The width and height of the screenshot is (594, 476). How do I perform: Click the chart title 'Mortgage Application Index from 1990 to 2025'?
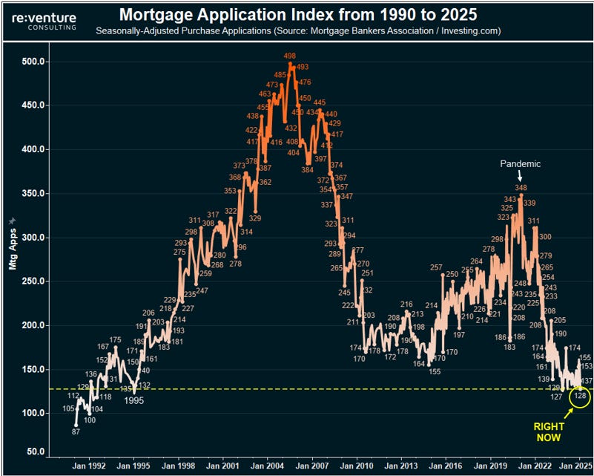click(299, 15)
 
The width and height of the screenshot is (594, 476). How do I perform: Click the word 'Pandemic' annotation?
click(520, 164)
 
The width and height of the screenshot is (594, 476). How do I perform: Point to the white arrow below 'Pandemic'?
click(520, 176)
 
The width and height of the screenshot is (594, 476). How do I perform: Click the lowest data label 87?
click(76, 431)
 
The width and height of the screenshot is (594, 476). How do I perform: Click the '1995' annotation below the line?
click(133, 400)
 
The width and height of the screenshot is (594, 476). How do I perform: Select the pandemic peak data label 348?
click(521, 189)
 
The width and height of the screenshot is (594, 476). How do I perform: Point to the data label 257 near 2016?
click(436, 267)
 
